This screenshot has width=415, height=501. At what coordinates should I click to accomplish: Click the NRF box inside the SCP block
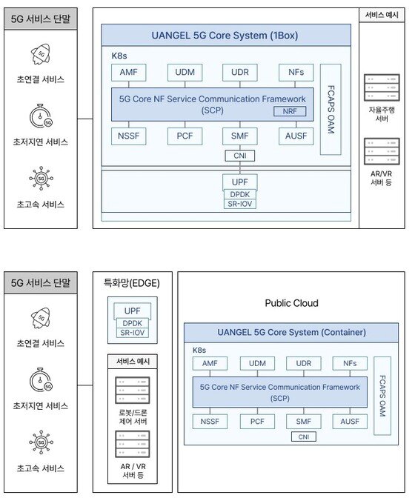tap(290, 111)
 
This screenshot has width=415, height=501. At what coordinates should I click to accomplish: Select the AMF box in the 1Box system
tap(129, 73)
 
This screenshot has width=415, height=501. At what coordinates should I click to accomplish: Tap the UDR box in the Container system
tap(304, 364)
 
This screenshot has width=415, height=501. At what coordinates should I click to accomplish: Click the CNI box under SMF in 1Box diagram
tap(240, 156)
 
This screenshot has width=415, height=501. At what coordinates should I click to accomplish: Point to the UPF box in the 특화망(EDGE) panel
tap(132, 311)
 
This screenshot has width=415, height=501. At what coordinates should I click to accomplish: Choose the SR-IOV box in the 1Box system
tap(240, 204)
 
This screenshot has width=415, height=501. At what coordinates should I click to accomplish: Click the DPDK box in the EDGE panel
tap(132, 323)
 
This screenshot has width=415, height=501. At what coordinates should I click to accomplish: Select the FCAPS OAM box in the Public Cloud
tap(382, 396)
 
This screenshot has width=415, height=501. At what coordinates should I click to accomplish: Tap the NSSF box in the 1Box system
tap(129, 136)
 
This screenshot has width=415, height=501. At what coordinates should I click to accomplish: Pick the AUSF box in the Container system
tap(350, 422)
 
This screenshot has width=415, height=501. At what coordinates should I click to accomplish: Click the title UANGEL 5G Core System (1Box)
tap(225, 35)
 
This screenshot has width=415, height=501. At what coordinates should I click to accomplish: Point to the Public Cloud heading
tap(292, 303)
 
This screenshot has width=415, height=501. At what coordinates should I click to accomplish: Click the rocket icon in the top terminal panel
tap(41, 54)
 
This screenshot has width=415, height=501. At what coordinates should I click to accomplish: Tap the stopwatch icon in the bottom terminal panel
tap(41, 379)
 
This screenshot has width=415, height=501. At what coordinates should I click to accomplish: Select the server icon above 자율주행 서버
tap(382, 87)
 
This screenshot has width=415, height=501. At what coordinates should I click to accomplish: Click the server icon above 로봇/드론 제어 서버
tap(133, 390)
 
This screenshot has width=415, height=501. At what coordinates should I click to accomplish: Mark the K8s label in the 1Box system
tap(119, 56)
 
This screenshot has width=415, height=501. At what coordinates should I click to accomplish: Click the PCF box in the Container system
tap(257, 422)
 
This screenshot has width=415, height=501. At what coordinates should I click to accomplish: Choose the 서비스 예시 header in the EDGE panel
tap(133, 362)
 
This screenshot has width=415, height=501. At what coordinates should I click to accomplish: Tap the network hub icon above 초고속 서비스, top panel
tap(41, 179)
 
